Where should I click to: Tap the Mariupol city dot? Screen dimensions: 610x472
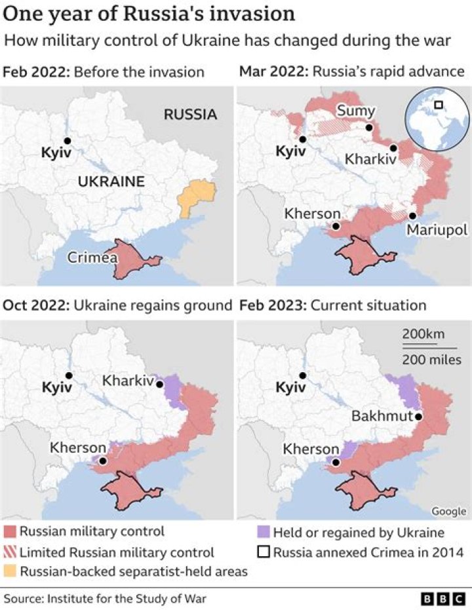click(x=412, y=216)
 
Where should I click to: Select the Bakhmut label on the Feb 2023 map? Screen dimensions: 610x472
click(x=382, y=416)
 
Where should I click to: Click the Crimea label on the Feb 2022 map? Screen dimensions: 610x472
click(x=92, y=257)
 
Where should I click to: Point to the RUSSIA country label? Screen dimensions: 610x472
click(x=190, y=115)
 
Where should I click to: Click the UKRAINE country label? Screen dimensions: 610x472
click(x=111, y=181)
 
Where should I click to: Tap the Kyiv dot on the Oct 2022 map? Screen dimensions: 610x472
click(x=69, y=375)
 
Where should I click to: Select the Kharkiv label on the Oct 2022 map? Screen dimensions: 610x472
click(x=127, y=380)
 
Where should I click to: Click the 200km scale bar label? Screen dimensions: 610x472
click(x=420, y=335)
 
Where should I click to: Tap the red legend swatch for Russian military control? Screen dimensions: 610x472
click(x=10, y=531)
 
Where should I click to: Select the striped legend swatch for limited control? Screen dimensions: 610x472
click(x=10, y=552)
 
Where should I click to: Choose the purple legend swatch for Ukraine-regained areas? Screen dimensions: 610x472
click(x=262, y=531)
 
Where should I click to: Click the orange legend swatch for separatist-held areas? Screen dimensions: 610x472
click(x=10, y=571)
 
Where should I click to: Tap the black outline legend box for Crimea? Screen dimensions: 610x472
click(x=262, y=552)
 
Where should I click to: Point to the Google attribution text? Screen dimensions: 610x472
click(x=448, y=511)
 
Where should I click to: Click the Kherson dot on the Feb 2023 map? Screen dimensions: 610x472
click(x=335, y=462)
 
